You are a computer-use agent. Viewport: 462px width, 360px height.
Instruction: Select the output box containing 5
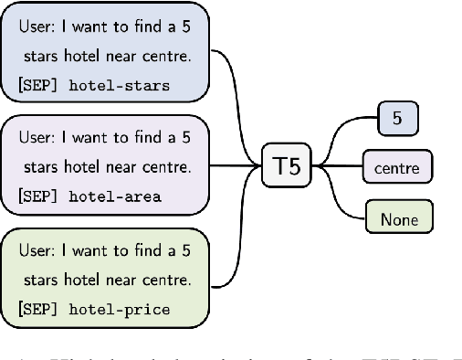coord(397,117)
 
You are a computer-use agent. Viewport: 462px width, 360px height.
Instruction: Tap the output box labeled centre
coord(397,167)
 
